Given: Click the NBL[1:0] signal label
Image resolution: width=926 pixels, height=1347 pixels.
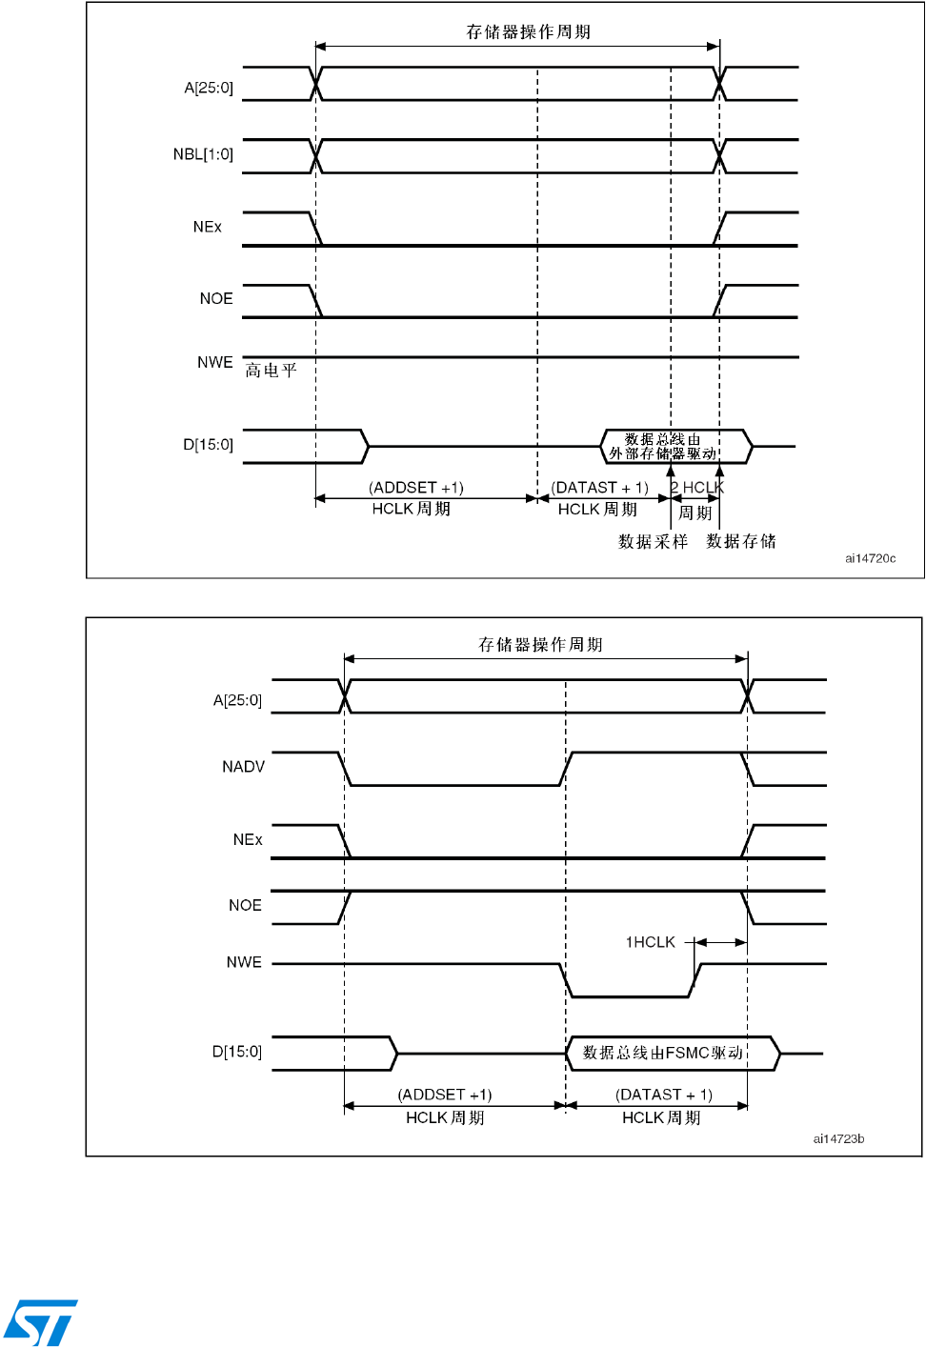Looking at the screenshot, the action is [203, 154].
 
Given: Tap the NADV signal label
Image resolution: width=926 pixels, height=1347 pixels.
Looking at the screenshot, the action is [243, 767].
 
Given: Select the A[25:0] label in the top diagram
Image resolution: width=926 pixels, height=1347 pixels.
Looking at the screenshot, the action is [209, 89].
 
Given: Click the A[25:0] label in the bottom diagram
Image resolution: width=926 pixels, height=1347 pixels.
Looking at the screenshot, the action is [237, 701].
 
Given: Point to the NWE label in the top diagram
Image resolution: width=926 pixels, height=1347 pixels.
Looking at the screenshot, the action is [215, 363].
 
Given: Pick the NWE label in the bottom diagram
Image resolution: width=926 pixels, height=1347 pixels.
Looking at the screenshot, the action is [244, 962].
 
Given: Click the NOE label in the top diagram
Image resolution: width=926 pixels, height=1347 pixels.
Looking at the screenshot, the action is [216, 299].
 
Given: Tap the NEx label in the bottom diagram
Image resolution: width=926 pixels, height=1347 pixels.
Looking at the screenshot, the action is [248, 839].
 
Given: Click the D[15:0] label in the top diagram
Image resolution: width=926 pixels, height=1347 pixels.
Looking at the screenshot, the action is [208, 445].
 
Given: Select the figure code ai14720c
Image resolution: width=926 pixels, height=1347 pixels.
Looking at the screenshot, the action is [870, 558].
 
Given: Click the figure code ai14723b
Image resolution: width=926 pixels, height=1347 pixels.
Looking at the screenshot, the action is [838, 1138].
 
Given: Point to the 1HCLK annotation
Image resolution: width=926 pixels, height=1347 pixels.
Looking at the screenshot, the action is [650, 942].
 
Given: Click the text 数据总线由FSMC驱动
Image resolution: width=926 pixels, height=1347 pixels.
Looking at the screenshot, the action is [662, 1053].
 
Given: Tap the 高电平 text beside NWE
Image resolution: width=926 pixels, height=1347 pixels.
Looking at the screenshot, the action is [272, 371].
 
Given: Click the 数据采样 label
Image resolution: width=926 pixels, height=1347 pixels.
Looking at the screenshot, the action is [653, 542].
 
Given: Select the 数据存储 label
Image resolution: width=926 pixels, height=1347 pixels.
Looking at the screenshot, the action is [741, 541].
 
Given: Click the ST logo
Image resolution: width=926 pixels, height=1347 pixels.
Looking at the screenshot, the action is [40, 1322].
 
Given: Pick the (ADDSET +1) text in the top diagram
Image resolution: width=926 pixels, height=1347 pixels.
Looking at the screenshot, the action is [416, 488].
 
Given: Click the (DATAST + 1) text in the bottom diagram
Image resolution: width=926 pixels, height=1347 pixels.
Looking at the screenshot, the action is [664, 1095].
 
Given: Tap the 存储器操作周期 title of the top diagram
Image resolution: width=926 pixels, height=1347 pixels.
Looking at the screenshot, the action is [529, 32].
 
